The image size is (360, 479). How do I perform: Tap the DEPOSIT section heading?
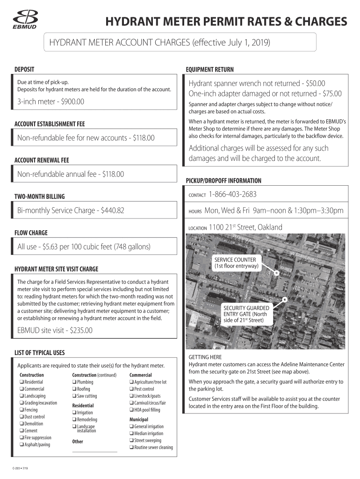coord(24,69)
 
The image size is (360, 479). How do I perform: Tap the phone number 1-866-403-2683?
coord(233,194)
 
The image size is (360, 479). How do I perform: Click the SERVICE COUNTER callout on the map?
coord(235,263)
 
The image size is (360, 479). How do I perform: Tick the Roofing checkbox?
coord(74,389)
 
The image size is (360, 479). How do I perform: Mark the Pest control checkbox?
coord(131,389)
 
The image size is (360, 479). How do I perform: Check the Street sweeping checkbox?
coord(131,441)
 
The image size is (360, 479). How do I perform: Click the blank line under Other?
coord(94,451)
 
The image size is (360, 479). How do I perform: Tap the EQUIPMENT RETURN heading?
coord(209,70)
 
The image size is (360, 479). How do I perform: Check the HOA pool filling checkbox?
coord(131,410)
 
